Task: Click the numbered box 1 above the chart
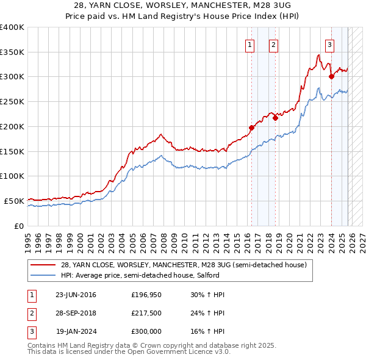pyautogui.click(x=250, y=44)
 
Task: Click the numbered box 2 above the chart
pyautogui.click(x=273, y=44)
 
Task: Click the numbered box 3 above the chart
pyautogui.click(x=329, y=44)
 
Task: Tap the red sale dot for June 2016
pyautogui.click(x=251, y=128)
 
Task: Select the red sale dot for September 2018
pyautogui.click(x=275, y=118)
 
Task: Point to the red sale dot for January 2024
pyautogui.click(x=331, y=76)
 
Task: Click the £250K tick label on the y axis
pyautogui.click(x=12, y=101)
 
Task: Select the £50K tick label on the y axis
pyautogui.click(x=14, y=201)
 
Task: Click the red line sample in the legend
pyautogui.click(x=43, y=265)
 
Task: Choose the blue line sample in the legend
pyautogui.click(x=43, y=275)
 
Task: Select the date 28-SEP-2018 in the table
pyautogui.click(x=76, y=313)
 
